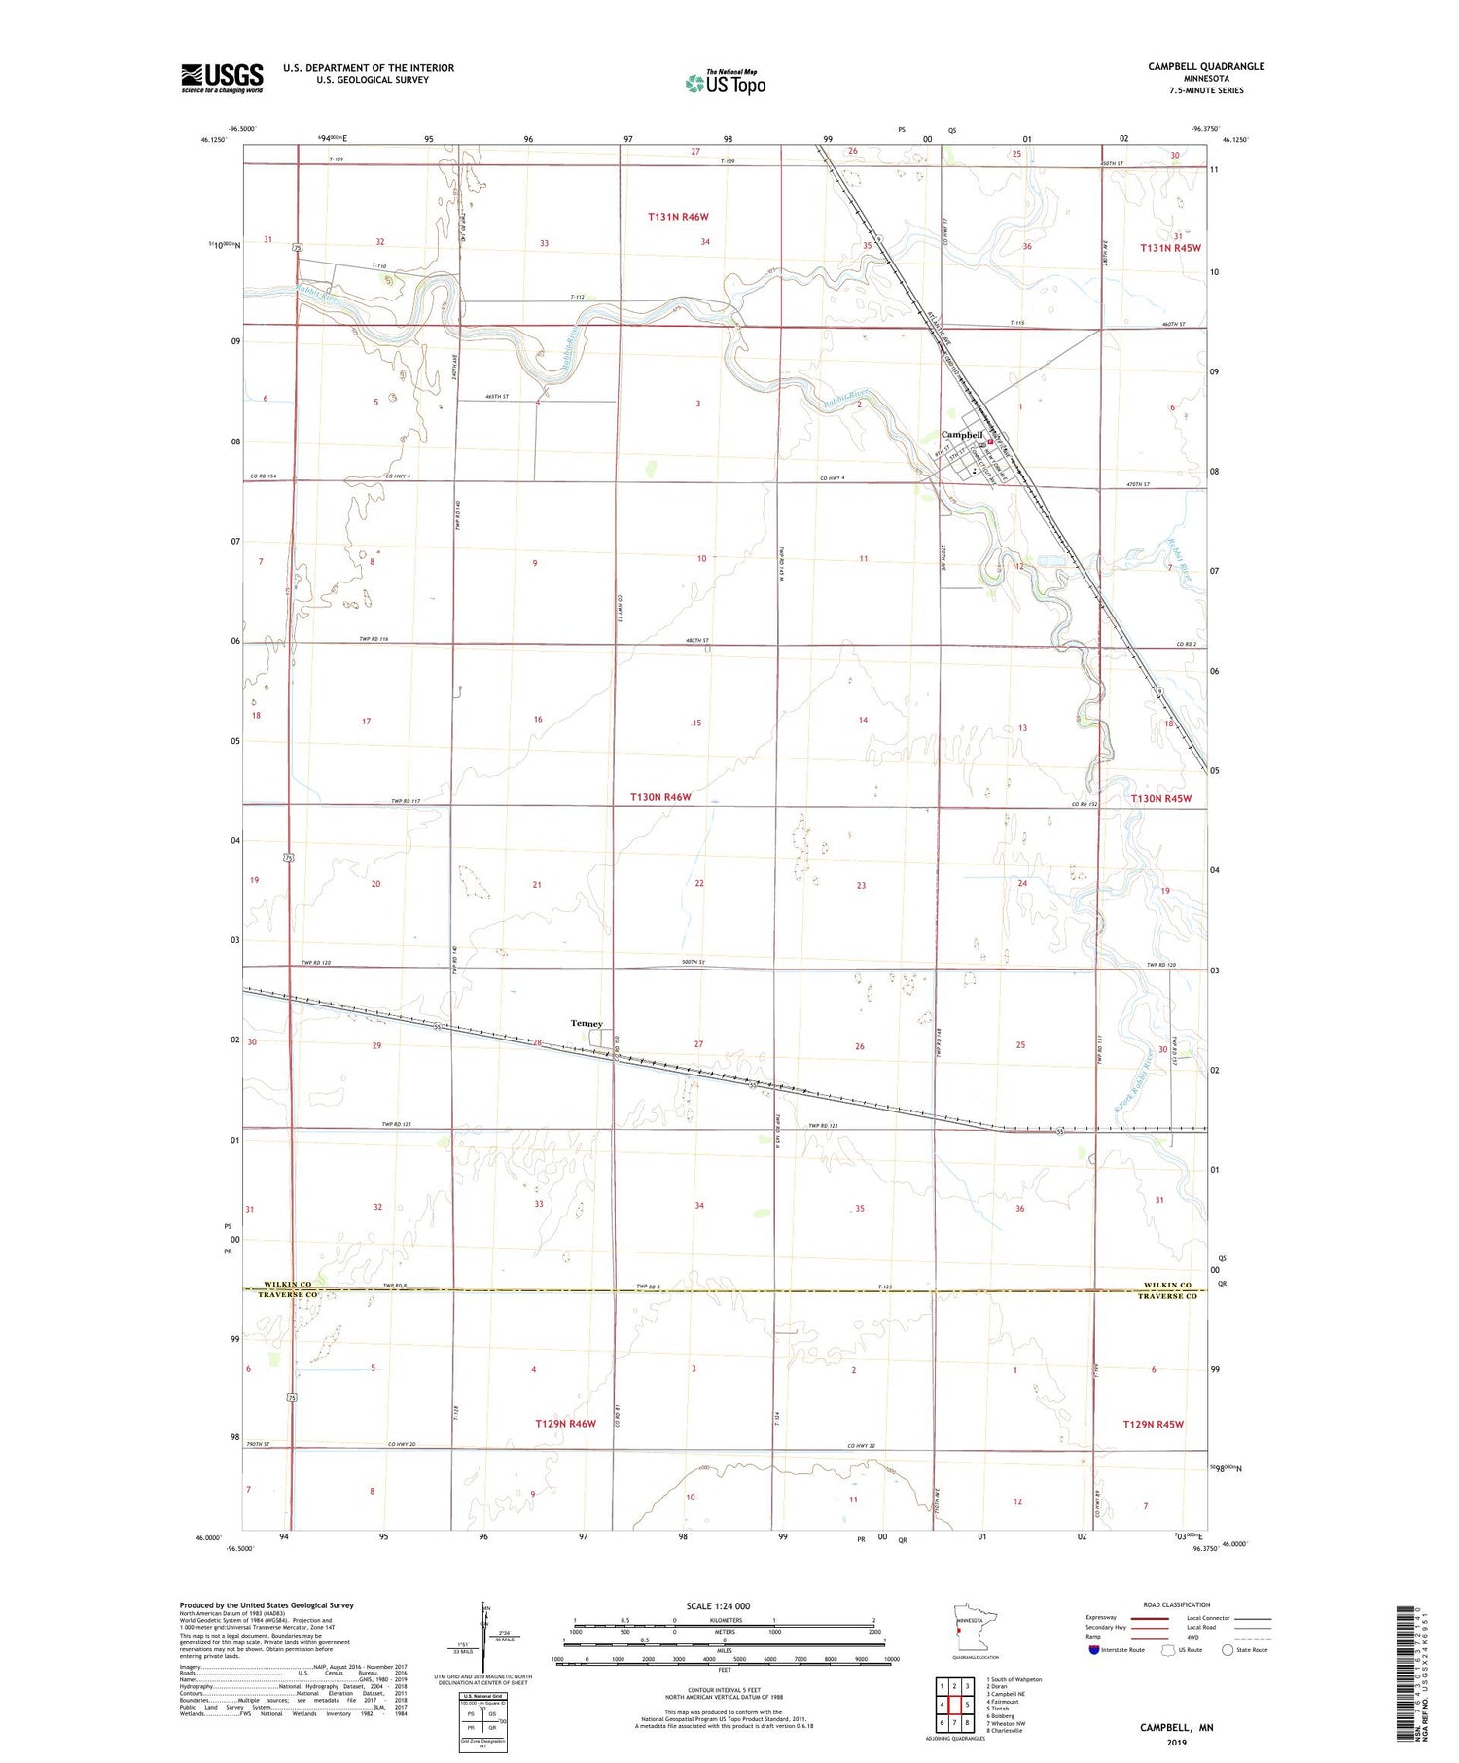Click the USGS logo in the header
click(x=222, y=78)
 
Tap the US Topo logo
click(x=725, y=83)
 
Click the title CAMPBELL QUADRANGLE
click(x=1206, y=66)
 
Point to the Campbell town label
click(x=962, y=434)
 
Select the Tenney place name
click(x=587, y=1023)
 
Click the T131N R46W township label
click(x=679, y=217)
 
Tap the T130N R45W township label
click(x=1161, y=798)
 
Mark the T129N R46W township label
click(x=565, y=1424)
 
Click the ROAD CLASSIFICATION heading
click(x=1177, y=1604)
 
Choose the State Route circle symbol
click(x=1228, y=1650)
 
